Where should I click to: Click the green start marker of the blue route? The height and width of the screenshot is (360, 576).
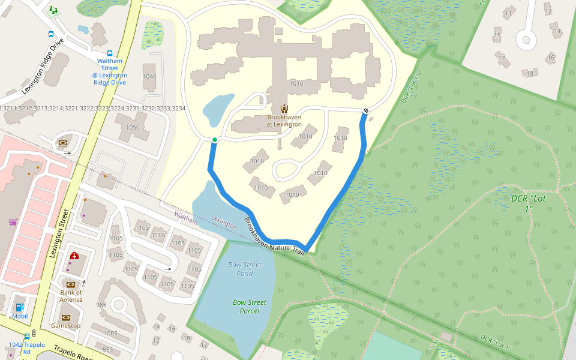click(x=214, y=140)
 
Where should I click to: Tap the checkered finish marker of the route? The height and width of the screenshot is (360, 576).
click(x=365, y=110)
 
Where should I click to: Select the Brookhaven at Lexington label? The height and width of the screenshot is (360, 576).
click(x=284, y=121)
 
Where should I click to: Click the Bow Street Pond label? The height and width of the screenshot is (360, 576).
click(x=245, y=269)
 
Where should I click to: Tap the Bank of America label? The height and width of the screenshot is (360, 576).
click(x=71, y=296)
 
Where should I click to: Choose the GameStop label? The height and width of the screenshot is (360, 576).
click(x=65, y=326)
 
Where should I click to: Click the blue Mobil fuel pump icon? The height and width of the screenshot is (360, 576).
click(x=19, y=308)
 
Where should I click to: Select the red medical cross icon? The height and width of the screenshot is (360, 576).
click(x=74, y=256)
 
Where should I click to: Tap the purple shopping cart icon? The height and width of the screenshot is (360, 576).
click(x=13, y=222)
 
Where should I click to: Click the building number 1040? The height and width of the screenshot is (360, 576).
click(x=149, y=76)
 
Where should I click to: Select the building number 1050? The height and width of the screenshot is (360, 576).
click(x=133, y=128)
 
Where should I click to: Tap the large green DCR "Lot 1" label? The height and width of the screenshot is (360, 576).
click(x=528, y=203)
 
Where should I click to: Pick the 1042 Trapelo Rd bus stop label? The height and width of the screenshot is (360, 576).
click(x=27, y=348)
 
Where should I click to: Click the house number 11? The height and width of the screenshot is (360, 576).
click(x=509, y=13)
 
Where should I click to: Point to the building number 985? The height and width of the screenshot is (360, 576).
click(x=101, y=305)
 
